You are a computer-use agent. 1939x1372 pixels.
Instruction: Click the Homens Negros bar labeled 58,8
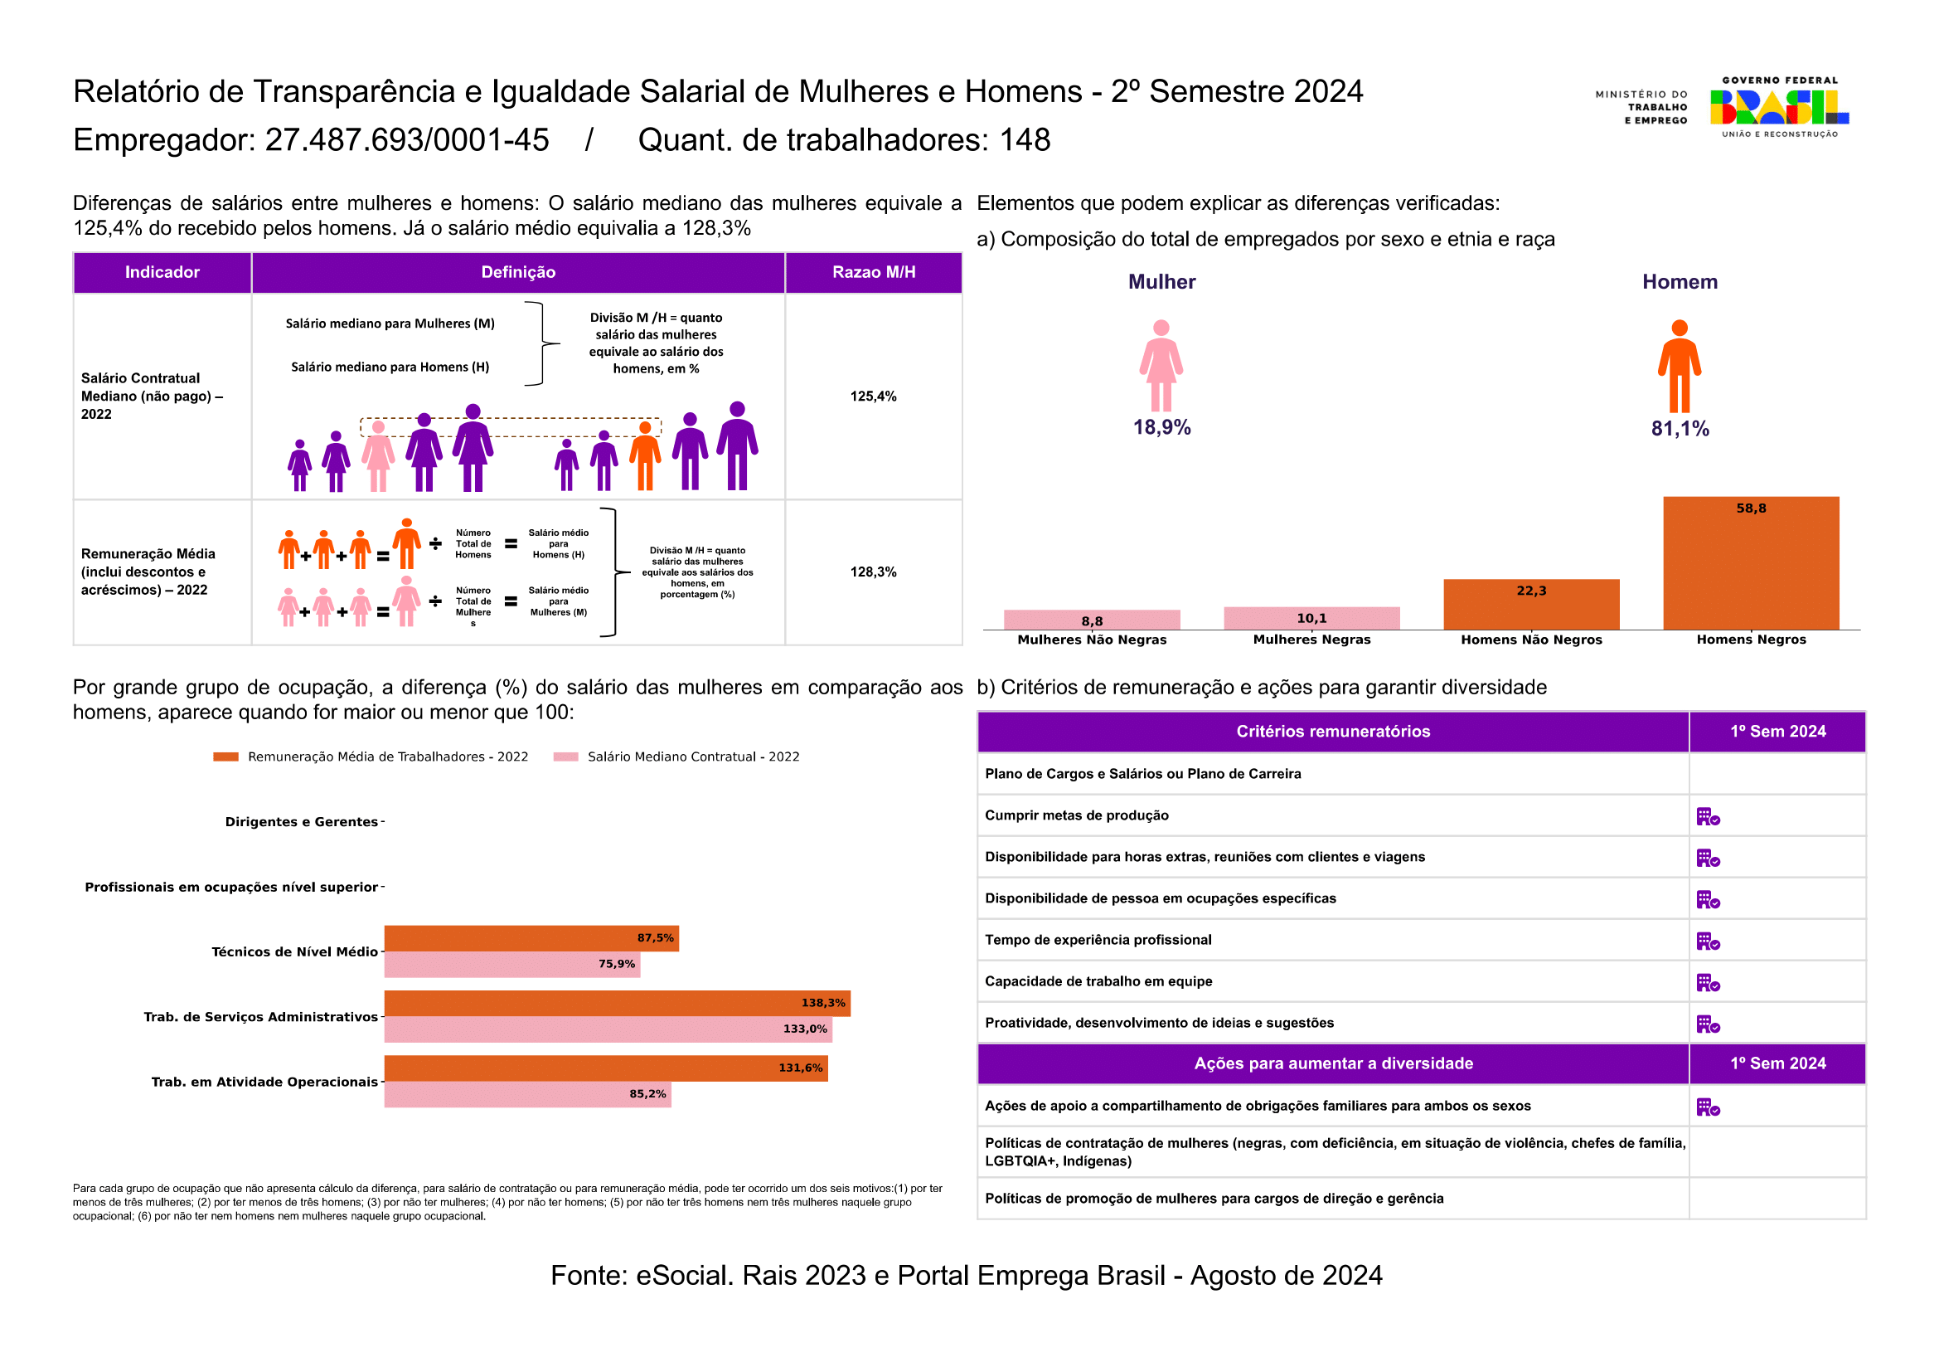[1751, 563]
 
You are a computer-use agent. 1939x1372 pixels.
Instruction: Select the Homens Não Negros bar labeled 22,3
[1531, 605]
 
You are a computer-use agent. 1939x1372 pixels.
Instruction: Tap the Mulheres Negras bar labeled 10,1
[1311, 619]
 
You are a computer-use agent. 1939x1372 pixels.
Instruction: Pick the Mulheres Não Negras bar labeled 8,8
[1092, 620]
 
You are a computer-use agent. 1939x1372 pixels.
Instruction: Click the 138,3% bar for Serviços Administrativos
[618, 1004]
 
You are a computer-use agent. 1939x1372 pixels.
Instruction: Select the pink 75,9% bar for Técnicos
[511, 965]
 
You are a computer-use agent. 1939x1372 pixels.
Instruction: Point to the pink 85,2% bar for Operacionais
[528, 1095]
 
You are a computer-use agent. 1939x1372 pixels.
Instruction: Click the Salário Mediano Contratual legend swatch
[566, 757]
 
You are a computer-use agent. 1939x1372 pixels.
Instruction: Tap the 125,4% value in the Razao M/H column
[873, 397]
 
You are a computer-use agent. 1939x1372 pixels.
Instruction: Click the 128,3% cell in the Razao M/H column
[873, 572]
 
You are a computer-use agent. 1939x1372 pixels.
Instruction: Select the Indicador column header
[162, 272]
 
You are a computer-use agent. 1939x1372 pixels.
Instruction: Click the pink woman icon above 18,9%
[1161, 366]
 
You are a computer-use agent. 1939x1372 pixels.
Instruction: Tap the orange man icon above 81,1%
[1680, 366]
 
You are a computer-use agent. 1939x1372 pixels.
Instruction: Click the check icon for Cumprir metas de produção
[1709, 817]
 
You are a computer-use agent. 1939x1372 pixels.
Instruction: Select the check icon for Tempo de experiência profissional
[1709, 941]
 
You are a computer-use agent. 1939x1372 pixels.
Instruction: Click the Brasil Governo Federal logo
[1779, 107]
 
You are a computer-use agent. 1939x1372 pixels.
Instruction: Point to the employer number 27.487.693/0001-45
[407, 140]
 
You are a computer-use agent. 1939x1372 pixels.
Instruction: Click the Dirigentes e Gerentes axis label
[302, 822]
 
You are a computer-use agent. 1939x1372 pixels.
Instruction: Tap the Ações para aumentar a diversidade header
[1334, 1063]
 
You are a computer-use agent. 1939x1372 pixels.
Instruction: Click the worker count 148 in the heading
[1025, 140]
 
